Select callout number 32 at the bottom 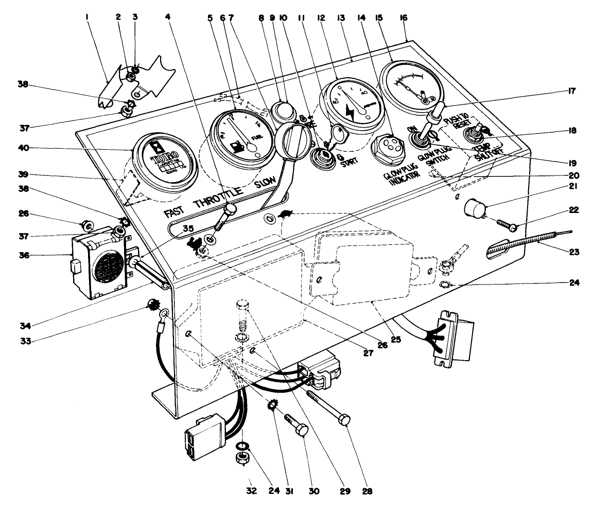[x=242, y=491]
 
